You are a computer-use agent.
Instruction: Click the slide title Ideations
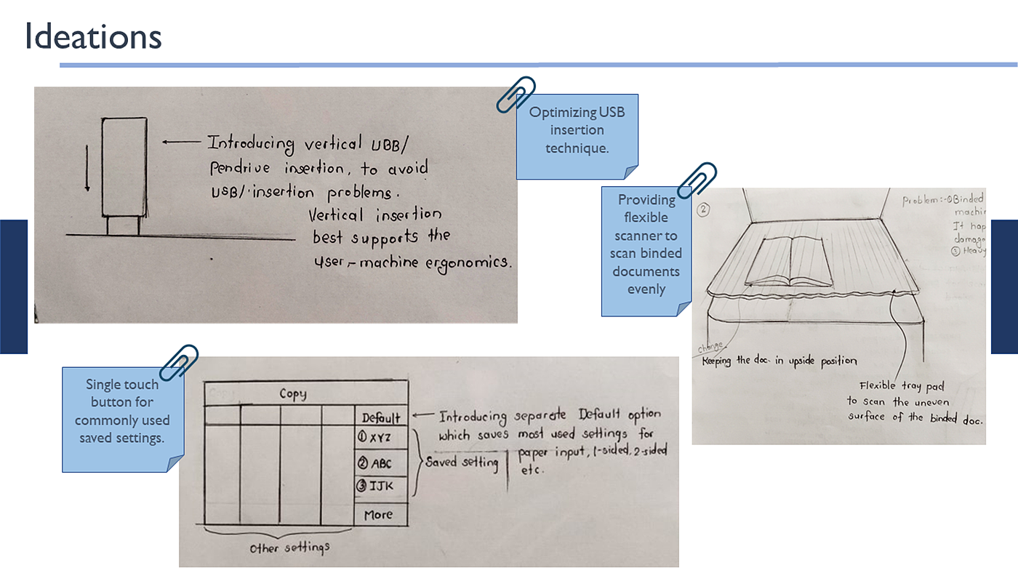tap(93, 37)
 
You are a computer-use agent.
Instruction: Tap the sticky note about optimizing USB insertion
tap(576, 131)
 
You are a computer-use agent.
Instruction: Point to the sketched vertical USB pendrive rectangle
tap(124, 167)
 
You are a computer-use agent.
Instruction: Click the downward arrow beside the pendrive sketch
tap(87, 168)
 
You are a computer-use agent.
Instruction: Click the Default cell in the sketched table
tap(381, 417)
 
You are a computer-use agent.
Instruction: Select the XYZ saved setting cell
tap(380, 438)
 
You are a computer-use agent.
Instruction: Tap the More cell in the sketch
tap(379, 514)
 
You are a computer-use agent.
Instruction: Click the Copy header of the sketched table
tap(293, 394)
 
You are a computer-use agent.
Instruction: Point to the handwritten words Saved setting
tap(462, 462)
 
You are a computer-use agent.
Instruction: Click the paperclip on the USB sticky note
tap(516, 95)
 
